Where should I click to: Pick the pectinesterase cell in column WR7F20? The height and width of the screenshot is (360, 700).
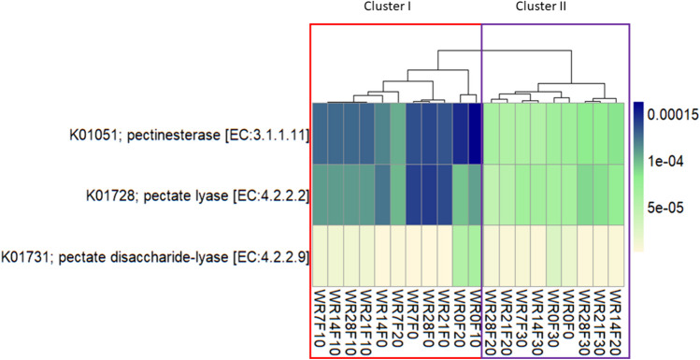(x=399, y=135)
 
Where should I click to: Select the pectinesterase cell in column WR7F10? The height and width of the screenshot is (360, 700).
(x=321, y=135)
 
